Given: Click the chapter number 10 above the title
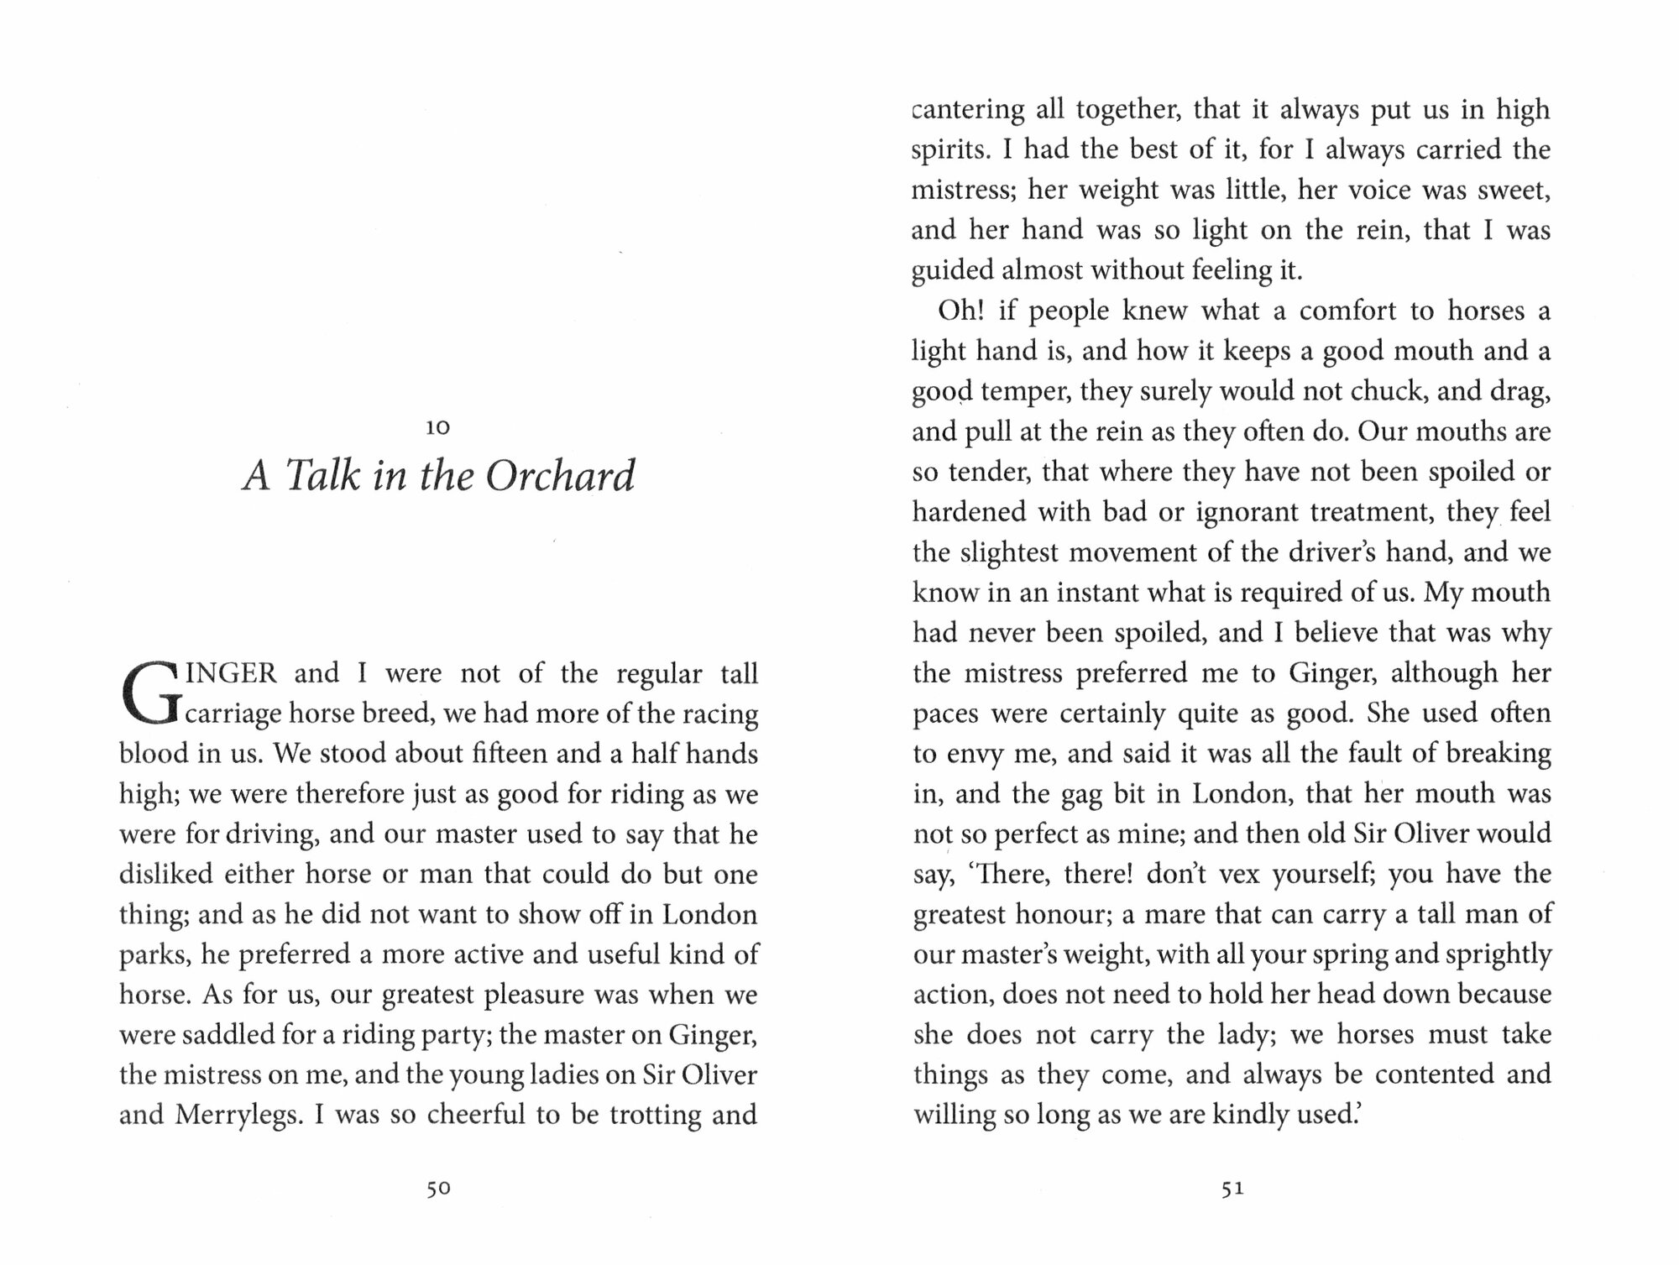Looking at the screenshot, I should pos(438,428).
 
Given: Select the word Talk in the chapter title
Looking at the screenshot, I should pos(324,476).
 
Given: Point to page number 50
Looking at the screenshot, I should pos(438,1188).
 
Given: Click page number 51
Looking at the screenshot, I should pos(1232,1188).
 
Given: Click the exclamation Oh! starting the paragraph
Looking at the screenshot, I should pos(960,311).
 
